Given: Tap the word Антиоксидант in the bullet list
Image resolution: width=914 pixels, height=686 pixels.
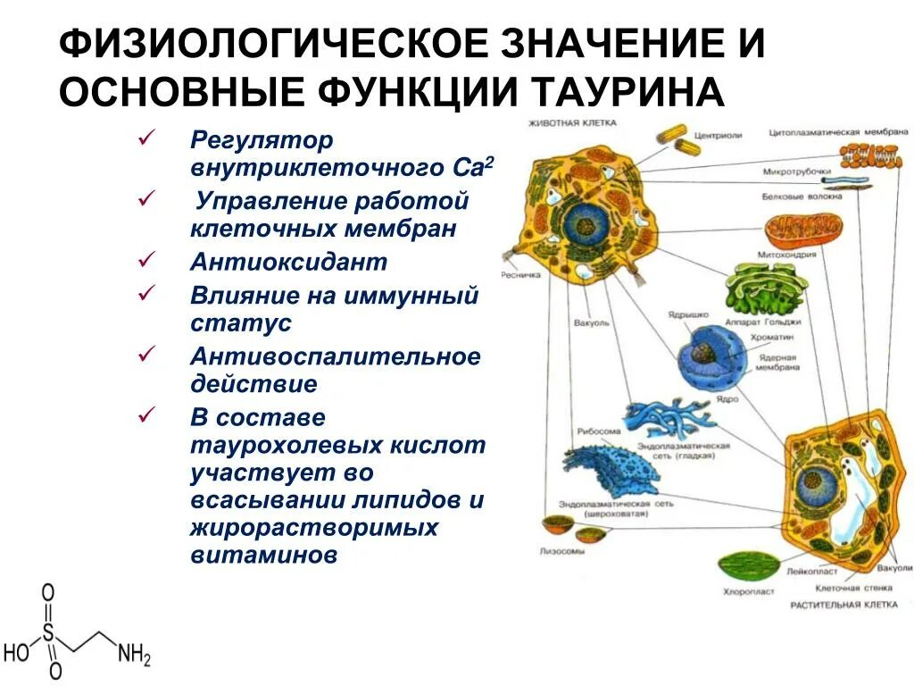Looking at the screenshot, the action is click(288, 262).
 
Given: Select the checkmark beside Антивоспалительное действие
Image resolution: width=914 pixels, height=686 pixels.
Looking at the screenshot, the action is click(147, 355).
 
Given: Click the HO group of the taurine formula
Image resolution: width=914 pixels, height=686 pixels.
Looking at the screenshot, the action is click(16, 653).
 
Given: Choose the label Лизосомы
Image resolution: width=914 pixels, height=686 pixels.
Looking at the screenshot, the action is click(562, 551).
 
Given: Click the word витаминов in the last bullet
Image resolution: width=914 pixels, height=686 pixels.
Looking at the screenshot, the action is click(264, 555).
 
